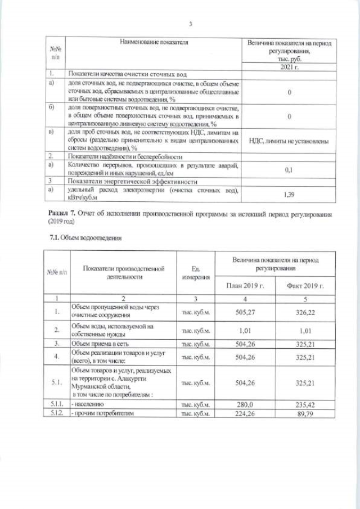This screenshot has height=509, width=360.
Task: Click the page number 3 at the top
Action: (x=191, y=24)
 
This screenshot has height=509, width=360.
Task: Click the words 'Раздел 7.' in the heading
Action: (x=59, y=214)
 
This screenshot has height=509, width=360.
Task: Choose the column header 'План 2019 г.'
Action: (x=245, y=285)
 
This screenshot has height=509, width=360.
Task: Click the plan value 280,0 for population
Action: (x=245, y=404)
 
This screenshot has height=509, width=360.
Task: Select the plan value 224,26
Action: (x=245, y=413)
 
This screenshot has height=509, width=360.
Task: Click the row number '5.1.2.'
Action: (x=56, y=413)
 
